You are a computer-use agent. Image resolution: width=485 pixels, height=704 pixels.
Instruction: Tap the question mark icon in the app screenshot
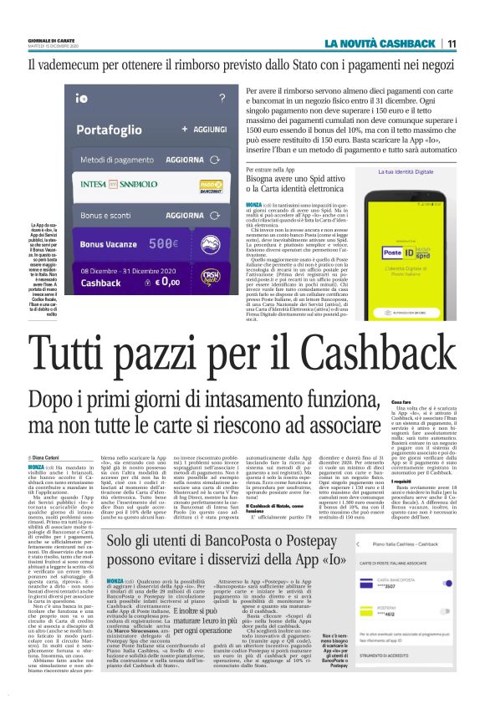pos(221,98)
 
